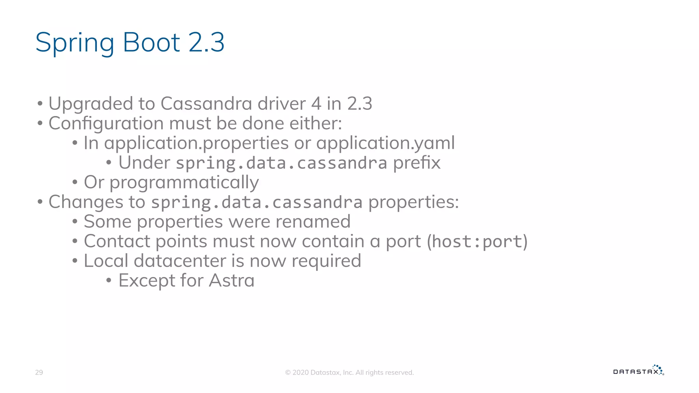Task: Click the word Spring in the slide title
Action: pos(75,43)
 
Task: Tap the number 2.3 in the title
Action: pos(206,42)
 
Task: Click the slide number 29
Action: pos(39,372)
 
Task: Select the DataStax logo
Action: pos(638,371)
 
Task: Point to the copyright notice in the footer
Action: pos(349,373)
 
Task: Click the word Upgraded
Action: pos(90,104)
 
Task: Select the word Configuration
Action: pos(106,123)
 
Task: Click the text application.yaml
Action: pos(385,143)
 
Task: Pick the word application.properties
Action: pos(196,143)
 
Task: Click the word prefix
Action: pos(416,163)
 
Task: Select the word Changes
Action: pos(86,202)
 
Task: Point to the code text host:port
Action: pos(477,242)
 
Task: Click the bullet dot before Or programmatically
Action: pos(75,183)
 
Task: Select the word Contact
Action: pos(117,242)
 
